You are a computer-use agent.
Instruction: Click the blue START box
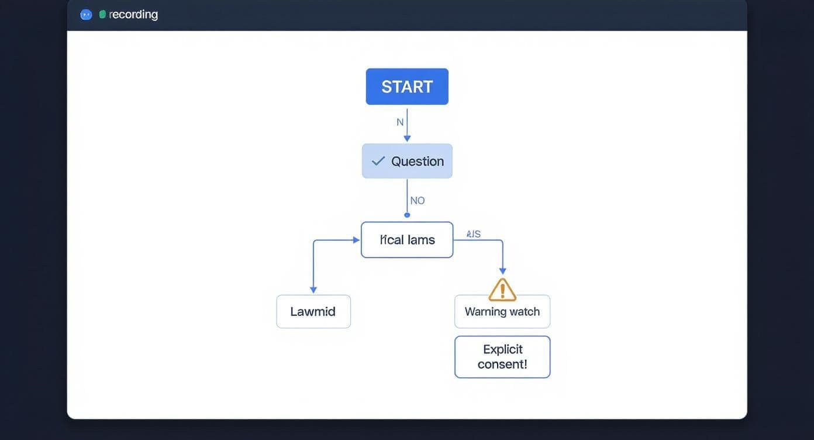tap(407, 87)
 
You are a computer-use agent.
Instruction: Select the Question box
tap(407, 161)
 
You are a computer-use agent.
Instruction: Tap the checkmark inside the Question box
tap(378, 161)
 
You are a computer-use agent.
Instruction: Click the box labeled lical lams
tap(407, 240)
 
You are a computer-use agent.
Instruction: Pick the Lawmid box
tap(313, 311)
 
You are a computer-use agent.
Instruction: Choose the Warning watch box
tap(502, 311)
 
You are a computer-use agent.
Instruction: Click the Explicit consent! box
tap(502, 357)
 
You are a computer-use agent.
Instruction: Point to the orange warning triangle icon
tap(502, 290)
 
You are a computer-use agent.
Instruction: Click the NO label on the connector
tap(418, 201)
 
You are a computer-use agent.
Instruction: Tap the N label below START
tap(400, 122)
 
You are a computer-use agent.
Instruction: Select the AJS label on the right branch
tap(474, 234)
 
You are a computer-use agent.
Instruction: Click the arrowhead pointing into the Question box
tap(407, 139)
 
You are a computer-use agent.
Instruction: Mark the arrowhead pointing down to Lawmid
tap(313, 290)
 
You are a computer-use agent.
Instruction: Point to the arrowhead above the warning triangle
tap(502, 271)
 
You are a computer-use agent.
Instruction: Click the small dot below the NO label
tap(407, 215)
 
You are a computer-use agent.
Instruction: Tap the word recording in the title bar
tap(133, 15)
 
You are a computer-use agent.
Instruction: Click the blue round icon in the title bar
tap(86, 15)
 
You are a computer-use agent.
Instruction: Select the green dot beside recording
tap(102, 15)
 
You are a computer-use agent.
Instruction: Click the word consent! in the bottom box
tap(502, 365)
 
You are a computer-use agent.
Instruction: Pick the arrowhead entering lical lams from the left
tap(356, 240)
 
